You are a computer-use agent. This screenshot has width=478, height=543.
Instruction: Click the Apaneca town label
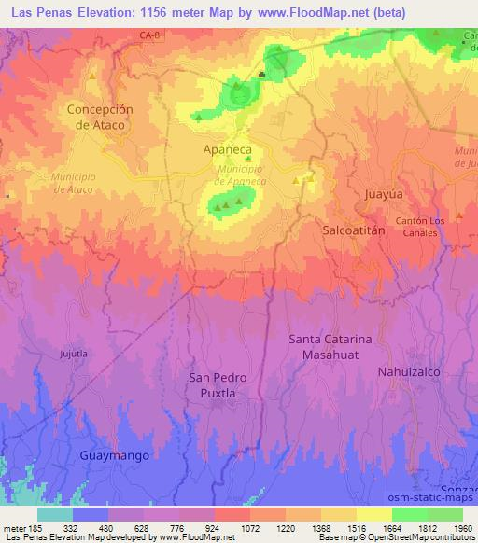(228, 148)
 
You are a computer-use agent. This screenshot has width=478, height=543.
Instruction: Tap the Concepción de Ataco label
(100, 117)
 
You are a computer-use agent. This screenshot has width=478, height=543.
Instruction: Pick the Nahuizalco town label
(408, 371)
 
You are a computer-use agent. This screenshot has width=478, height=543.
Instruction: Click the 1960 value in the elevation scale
(460, 528)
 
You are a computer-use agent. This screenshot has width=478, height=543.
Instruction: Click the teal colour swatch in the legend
(55, 514)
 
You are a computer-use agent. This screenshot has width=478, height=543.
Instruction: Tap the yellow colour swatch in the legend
(373, 514)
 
